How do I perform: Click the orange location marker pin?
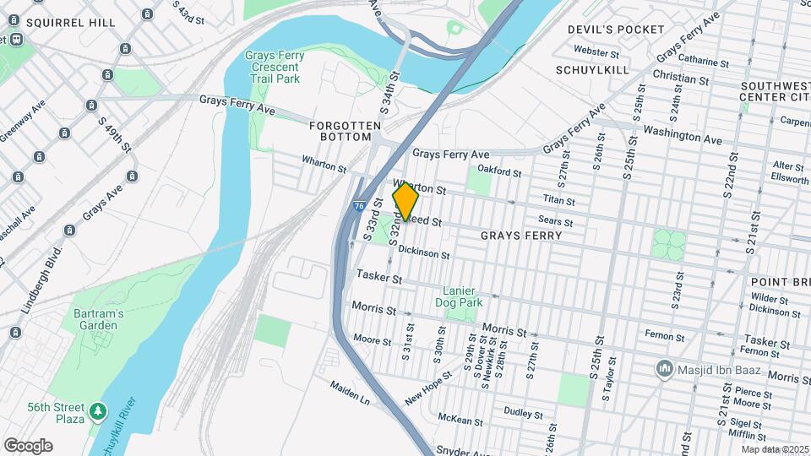[x=405, y=202]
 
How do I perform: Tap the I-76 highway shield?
[x=360, y=205]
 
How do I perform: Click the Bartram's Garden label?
[x=99, y=319]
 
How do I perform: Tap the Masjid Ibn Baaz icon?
[x=665, y=369]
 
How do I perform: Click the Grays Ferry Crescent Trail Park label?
[x=274, y=67]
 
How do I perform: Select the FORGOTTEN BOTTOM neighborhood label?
[x=340, y=131]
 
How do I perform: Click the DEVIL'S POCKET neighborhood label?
[x=616, y=30]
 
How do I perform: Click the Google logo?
[x=28, y=446]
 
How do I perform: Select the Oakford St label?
[x=499, y=171]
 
